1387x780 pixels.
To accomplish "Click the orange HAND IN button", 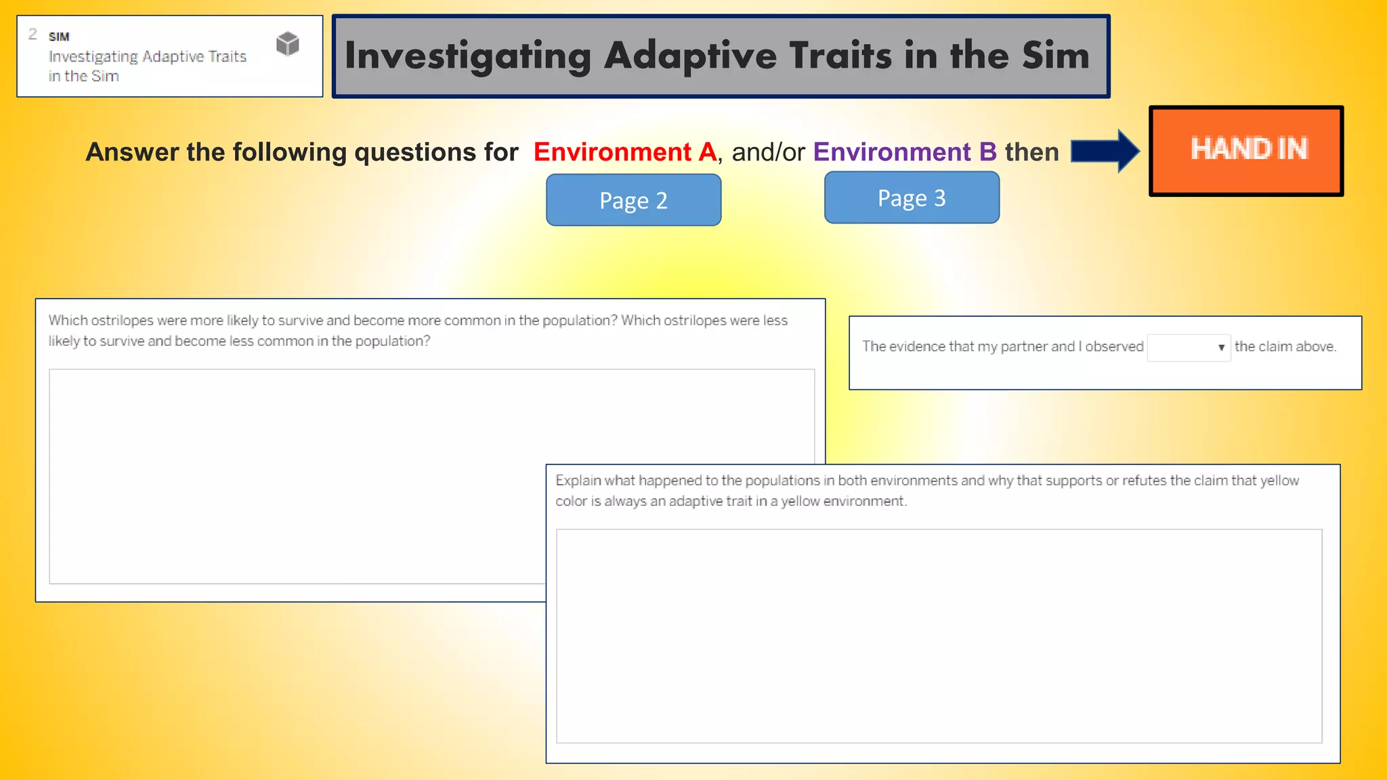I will pyautogui.click(x=1246, y=150).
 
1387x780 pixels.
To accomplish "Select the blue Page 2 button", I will pyautogui.click(x=633, y=200).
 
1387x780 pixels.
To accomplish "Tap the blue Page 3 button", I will pyautogui.click(x=912, y=197).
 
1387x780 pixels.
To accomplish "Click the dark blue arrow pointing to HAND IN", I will pyautogui.click(x=1105, y=151).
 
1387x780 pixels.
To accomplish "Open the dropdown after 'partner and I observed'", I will pyautogui.click(x=1189, y=347).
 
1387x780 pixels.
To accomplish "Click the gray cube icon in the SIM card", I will pyautogui.click(x=288, y=44).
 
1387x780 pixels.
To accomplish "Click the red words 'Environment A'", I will pyautogui.click(x=624, y=152).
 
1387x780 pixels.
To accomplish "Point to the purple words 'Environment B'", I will pyautogui.click(x=905, y=152).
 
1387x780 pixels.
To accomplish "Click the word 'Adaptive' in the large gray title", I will pyautogui.click(x=690, y=56).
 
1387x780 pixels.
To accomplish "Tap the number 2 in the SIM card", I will pyautogui.click(x=33, y=34).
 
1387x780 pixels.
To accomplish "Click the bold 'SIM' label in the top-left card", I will pyautogui.click(x=59, y=37).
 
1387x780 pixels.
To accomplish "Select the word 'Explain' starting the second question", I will pyautogui.click(x=578, y=481).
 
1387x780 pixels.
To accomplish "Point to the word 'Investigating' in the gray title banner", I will pyautogui.click(x=467, y=56).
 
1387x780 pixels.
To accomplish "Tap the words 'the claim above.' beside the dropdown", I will pyautogui.click(x=1285, y=347).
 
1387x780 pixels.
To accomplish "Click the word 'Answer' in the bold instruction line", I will pyautogui.click(x=132, y=152).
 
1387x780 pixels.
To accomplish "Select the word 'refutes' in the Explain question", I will pyautogui.click(x=1144, y=481).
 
